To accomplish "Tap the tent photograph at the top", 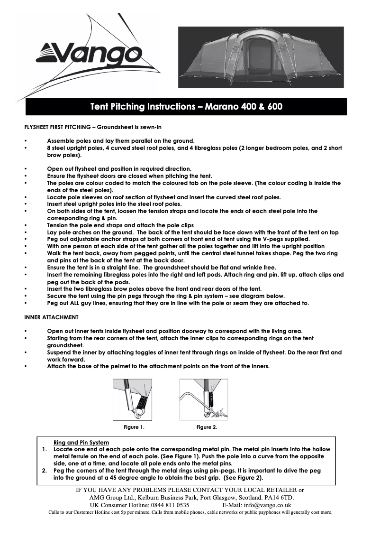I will click(x=261, y=57).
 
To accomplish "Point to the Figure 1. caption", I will click(x=134, y=427).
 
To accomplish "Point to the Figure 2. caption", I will click(x=207, y=427).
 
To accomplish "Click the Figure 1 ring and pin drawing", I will click(x=133, y=399).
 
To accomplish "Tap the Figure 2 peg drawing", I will click(x=204, y=399).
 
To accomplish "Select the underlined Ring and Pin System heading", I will click(x=81, y=443).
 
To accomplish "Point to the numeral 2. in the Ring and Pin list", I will click(x=44, y=471).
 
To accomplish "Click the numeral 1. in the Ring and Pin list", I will click(x=44, y=449).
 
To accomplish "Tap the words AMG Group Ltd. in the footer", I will click(x=111, y=498).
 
